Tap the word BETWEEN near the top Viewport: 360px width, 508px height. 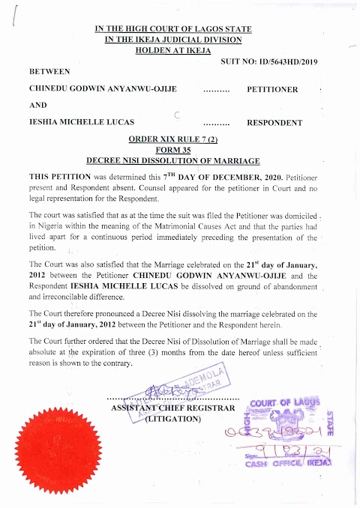click(49, 71)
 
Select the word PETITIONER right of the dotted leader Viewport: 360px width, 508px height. click(272, 89)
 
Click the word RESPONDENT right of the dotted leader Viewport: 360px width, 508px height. click(274, 122)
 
